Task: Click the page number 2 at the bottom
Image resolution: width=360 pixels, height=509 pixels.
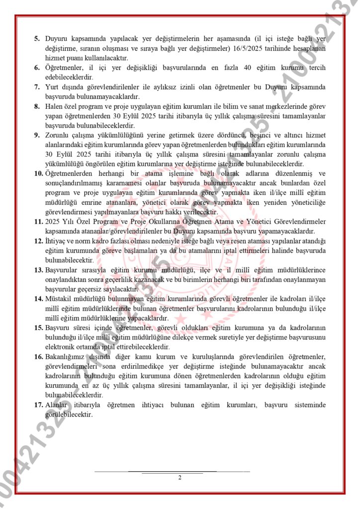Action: coord(180,478)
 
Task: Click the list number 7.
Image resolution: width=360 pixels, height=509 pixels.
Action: coord(37,87)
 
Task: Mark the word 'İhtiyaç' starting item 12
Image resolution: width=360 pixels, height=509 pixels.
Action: coord(56,241)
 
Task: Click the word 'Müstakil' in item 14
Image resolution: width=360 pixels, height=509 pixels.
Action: coord(59,298)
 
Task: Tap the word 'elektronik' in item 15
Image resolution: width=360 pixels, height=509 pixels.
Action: coord(61,346)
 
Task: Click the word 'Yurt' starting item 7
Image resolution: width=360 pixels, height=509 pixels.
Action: coord(52,87)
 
